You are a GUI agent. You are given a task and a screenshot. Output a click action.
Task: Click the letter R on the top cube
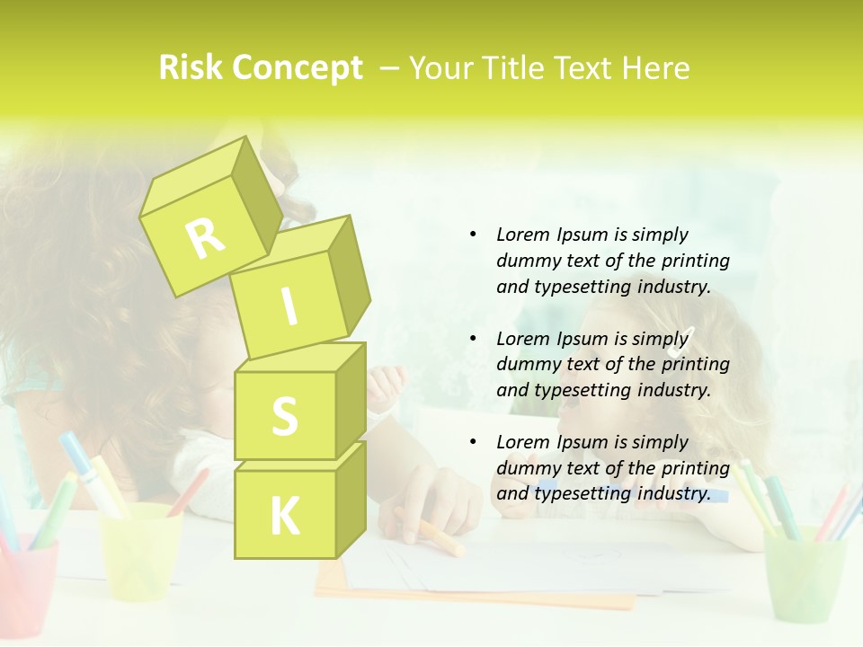tap(205, 237)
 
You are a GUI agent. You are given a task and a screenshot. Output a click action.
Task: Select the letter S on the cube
tap(284, 417)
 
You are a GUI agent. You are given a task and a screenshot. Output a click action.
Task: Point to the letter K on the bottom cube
tap(284, 517)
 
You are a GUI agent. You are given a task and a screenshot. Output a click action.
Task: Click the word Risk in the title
tap(191, 67)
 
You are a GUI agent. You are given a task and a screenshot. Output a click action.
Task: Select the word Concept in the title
tap(298, 67)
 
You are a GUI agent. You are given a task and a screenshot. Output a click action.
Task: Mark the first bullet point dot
tap(473, 235)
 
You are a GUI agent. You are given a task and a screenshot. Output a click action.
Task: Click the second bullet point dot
tap(473, 339)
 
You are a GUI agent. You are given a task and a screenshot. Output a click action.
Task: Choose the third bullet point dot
tap(473, 442)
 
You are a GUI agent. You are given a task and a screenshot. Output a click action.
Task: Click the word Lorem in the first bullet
tap(522, 235)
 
